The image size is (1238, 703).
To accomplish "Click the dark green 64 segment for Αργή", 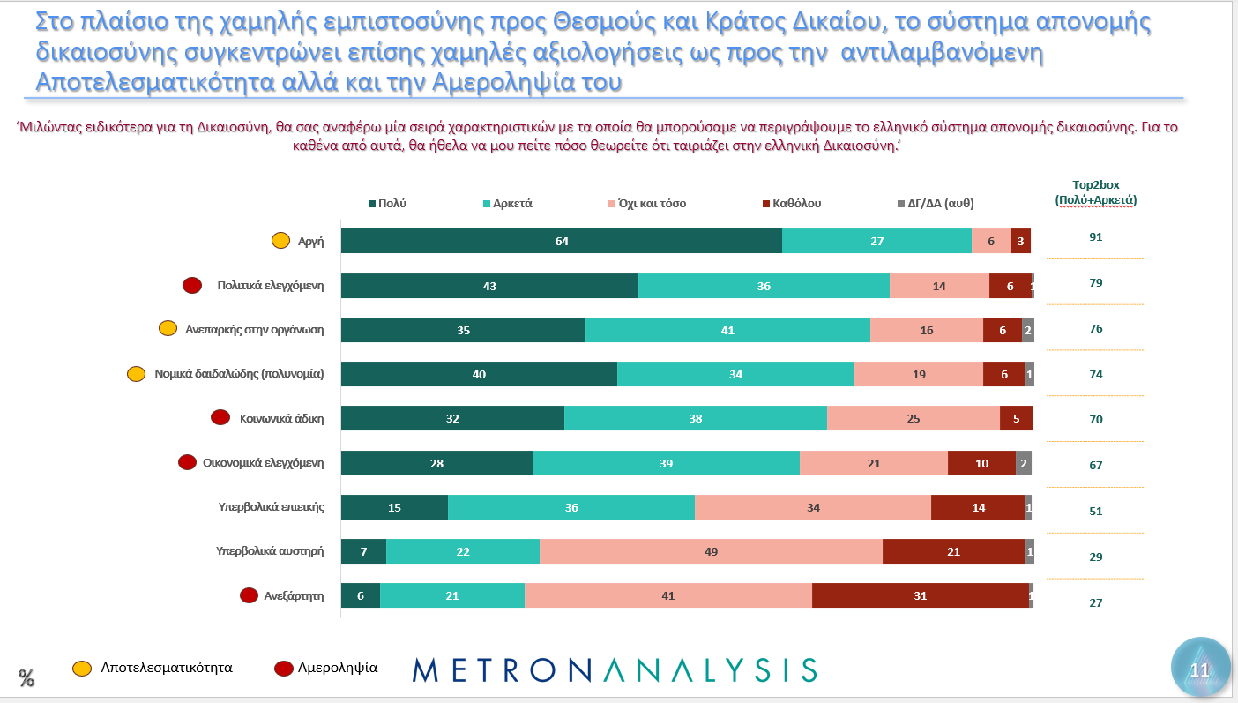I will pos(561,241).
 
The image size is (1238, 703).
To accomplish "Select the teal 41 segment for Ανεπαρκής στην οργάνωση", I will pos(727,330).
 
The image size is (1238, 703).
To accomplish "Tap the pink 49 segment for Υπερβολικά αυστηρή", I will pos(711,552).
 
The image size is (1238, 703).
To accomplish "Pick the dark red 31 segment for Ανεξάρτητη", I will pos(920,596).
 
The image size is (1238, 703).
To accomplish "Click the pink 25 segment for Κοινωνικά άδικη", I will pos(913,419).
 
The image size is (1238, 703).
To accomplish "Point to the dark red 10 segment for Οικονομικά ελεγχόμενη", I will pos(981,463).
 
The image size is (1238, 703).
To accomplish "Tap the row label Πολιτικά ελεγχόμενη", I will pos(271,285).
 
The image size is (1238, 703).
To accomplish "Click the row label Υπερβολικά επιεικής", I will pos(272,507).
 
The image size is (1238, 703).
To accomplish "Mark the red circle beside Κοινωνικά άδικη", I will pos(220,417).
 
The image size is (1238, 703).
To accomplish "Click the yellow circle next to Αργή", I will pos(280,240).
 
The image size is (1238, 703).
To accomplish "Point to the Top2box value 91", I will pos(1095,237).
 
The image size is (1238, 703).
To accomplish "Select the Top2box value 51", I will pos(1095,511).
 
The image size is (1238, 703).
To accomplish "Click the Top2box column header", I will pos(1095,192).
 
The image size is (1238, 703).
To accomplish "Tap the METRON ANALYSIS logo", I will pos(614,669).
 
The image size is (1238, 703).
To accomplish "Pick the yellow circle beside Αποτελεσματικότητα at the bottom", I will pos(82,668).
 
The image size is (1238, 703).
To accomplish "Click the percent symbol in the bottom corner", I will pos(26,678).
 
